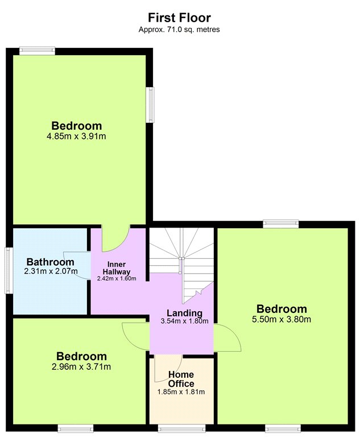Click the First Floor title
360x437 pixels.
click(179, 18)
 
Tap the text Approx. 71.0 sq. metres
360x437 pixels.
click(179, 29)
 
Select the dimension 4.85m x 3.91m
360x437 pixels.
click(76, 137)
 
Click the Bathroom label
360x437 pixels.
click(51, 262)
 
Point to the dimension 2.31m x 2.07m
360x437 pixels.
click(51, 271)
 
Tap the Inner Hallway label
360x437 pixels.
click(117, 268)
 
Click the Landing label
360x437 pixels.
click(184, 313)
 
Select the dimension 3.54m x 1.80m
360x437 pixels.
click(184, 321)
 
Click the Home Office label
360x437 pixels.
click(181, 379)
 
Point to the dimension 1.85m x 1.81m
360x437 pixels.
click(181, 392)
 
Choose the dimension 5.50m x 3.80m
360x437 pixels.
click(282, 319)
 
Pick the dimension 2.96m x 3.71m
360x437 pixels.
click(81, 366)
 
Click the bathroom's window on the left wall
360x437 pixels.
click(9, 270)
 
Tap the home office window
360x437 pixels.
click(182, 428)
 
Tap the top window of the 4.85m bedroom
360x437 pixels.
click(37, 51)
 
